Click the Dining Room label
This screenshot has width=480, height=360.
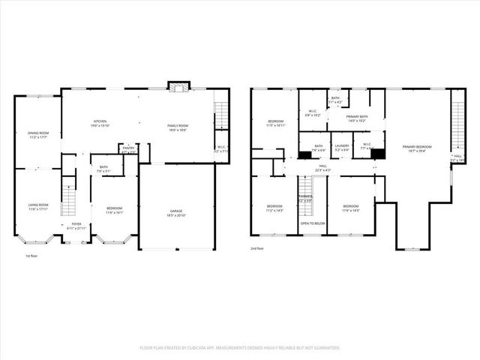click(37, 133)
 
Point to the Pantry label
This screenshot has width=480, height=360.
click(128, 148)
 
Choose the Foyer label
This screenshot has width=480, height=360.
click(76, 223)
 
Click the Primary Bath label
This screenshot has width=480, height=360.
click(356, 117)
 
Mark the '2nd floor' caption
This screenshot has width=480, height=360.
click(259, 248)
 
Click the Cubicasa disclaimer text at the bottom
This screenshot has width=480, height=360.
click(240, 347)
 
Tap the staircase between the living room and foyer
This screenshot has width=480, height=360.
click(69, 200)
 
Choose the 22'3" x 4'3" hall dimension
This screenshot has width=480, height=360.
click(322, 170)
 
